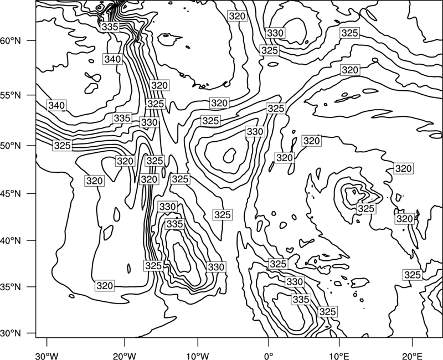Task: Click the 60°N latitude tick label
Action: coord(11,40)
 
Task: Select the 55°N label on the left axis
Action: coord(11,95)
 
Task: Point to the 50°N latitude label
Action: coord(11,146)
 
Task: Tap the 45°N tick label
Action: coord(11,193)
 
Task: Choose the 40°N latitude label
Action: coord(11,241)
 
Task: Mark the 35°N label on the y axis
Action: coord(11,287)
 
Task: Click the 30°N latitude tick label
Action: coord(11,333)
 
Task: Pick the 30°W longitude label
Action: coord(47,356)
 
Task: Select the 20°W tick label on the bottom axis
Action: coord(124,356)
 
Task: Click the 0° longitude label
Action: coord(269,356)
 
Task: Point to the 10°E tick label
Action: coord(339,356)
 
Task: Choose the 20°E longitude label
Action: coord(412,356)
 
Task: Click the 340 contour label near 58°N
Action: coord(113,59)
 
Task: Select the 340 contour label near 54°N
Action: coord(56,105)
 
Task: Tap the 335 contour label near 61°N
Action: coord(110,27)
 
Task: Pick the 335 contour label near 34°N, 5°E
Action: coord(301,299)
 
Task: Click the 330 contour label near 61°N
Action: coord(275,33)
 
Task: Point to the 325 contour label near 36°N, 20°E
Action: coord(413,275)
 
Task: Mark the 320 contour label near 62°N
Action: coord(237,16)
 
